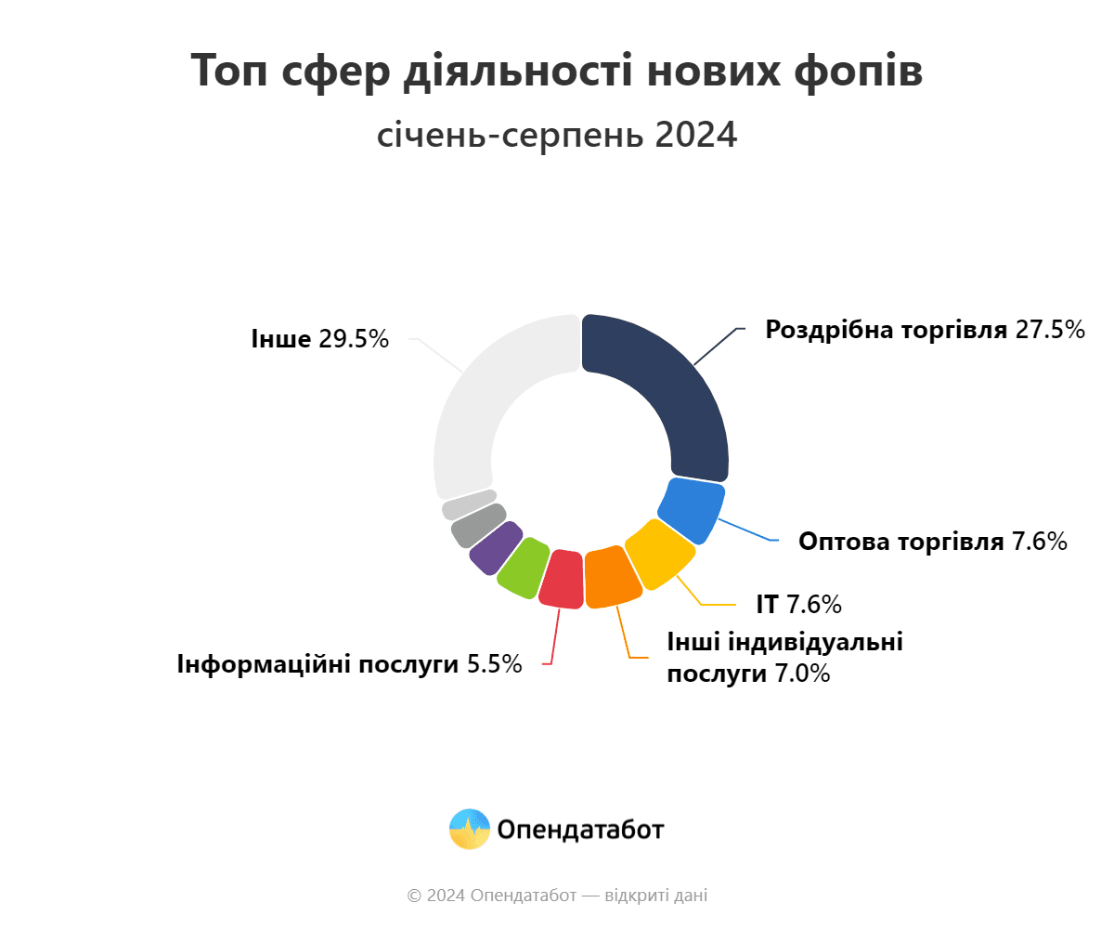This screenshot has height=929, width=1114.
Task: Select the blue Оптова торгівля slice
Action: pyautogui.click(x=692, y=509)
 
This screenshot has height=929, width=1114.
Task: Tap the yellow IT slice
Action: pyautogui.click(x=659, y=554)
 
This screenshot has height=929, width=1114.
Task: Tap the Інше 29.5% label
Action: pyautogui.click(x=319, y=338)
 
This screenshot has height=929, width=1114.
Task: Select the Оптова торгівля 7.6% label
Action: pyautogui.click(x=932, y=542)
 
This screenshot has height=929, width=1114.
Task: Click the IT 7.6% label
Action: pyautogui.click(x=798, y=604)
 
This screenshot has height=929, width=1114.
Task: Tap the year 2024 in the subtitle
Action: pyautogui.click(x=695, y=136)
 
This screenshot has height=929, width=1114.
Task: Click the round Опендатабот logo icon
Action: pyautogui.click(x=469, y=829)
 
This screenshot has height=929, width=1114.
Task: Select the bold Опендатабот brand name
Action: pyautogui.click(x=580, y=830)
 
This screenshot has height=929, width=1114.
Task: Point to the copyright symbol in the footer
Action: pyautogui.click(x=414, y=896)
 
